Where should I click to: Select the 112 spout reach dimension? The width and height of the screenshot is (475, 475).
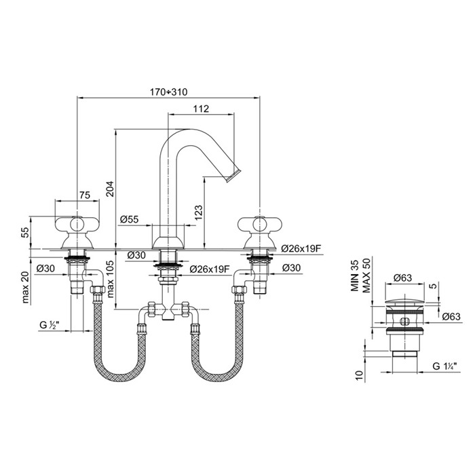(200, 107)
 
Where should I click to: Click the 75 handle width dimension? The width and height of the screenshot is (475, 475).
(85, 195)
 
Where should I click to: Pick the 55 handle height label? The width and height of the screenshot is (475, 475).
(25, 233)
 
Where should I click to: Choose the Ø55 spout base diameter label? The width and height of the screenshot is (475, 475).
(128, 219)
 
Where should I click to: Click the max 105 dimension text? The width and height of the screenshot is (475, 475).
(111, 282)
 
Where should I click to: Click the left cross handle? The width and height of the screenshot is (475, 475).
(77, 226)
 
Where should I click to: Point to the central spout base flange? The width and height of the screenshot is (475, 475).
(167, 242)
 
